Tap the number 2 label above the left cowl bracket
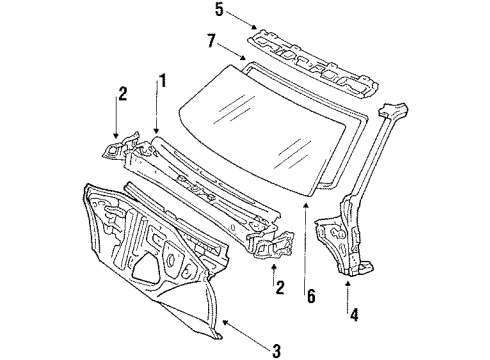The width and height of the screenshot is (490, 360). coord(121,94)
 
